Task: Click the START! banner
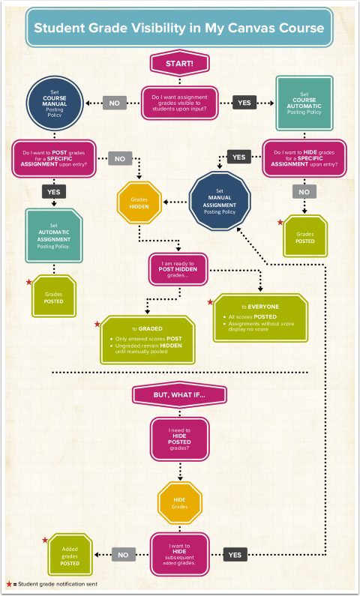(x=180, y=64)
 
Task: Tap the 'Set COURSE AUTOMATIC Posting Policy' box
(x=304, y=102)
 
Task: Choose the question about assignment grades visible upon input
(x=180, y=103)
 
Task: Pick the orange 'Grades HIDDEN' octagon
(x=139, y=202)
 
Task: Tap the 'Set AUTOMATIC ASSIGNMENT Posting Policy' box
(x=53, y=235)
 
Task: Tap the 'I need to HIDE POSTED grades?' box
(x=180, y=441)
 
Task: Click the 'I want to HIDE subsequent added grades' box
(x=180, y=555)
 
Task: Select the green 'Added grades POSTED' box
(x=70, y=555)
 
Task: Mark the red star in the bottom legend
(x=9, y=584)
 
